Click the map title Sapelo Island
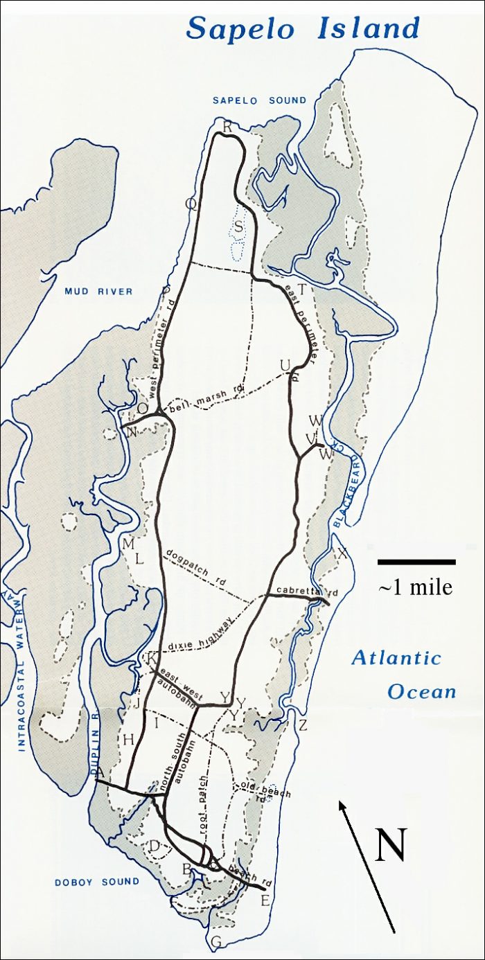303,28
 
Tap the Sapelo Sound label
259,100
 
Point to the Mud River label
98,292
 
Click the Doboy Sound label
97,882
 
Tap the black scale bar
416,561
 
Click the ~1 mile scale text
416,587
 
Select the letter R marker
227,125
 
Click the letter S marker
238,226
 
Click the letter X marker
341,553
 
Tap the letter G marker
215,941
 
